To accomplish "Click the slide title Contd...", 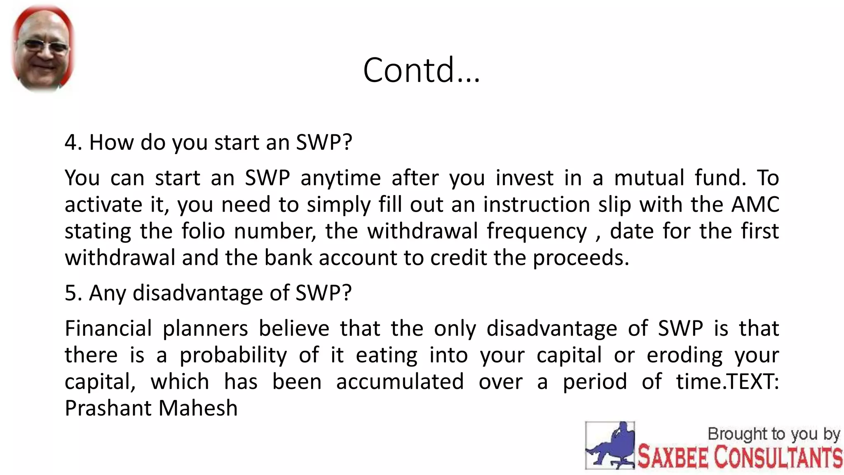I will coord(421,70).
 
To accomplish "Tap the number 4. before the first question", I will coord(73,143).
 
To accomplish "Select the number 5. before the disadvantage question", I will coord(73,293).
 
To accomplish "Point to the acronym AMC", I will coord(755,205).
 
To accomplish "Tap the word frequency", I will coord(537,232).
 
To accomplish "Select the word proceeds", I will coord(581,258).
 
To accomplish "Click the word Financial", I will coord(108,329).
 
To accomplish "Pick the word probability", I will coord(233,355).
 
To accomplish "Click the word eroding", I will coord(685,355).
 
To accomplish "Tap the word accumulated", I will coord(400,381).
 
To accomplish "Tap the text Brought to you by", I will coord(774,434).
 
